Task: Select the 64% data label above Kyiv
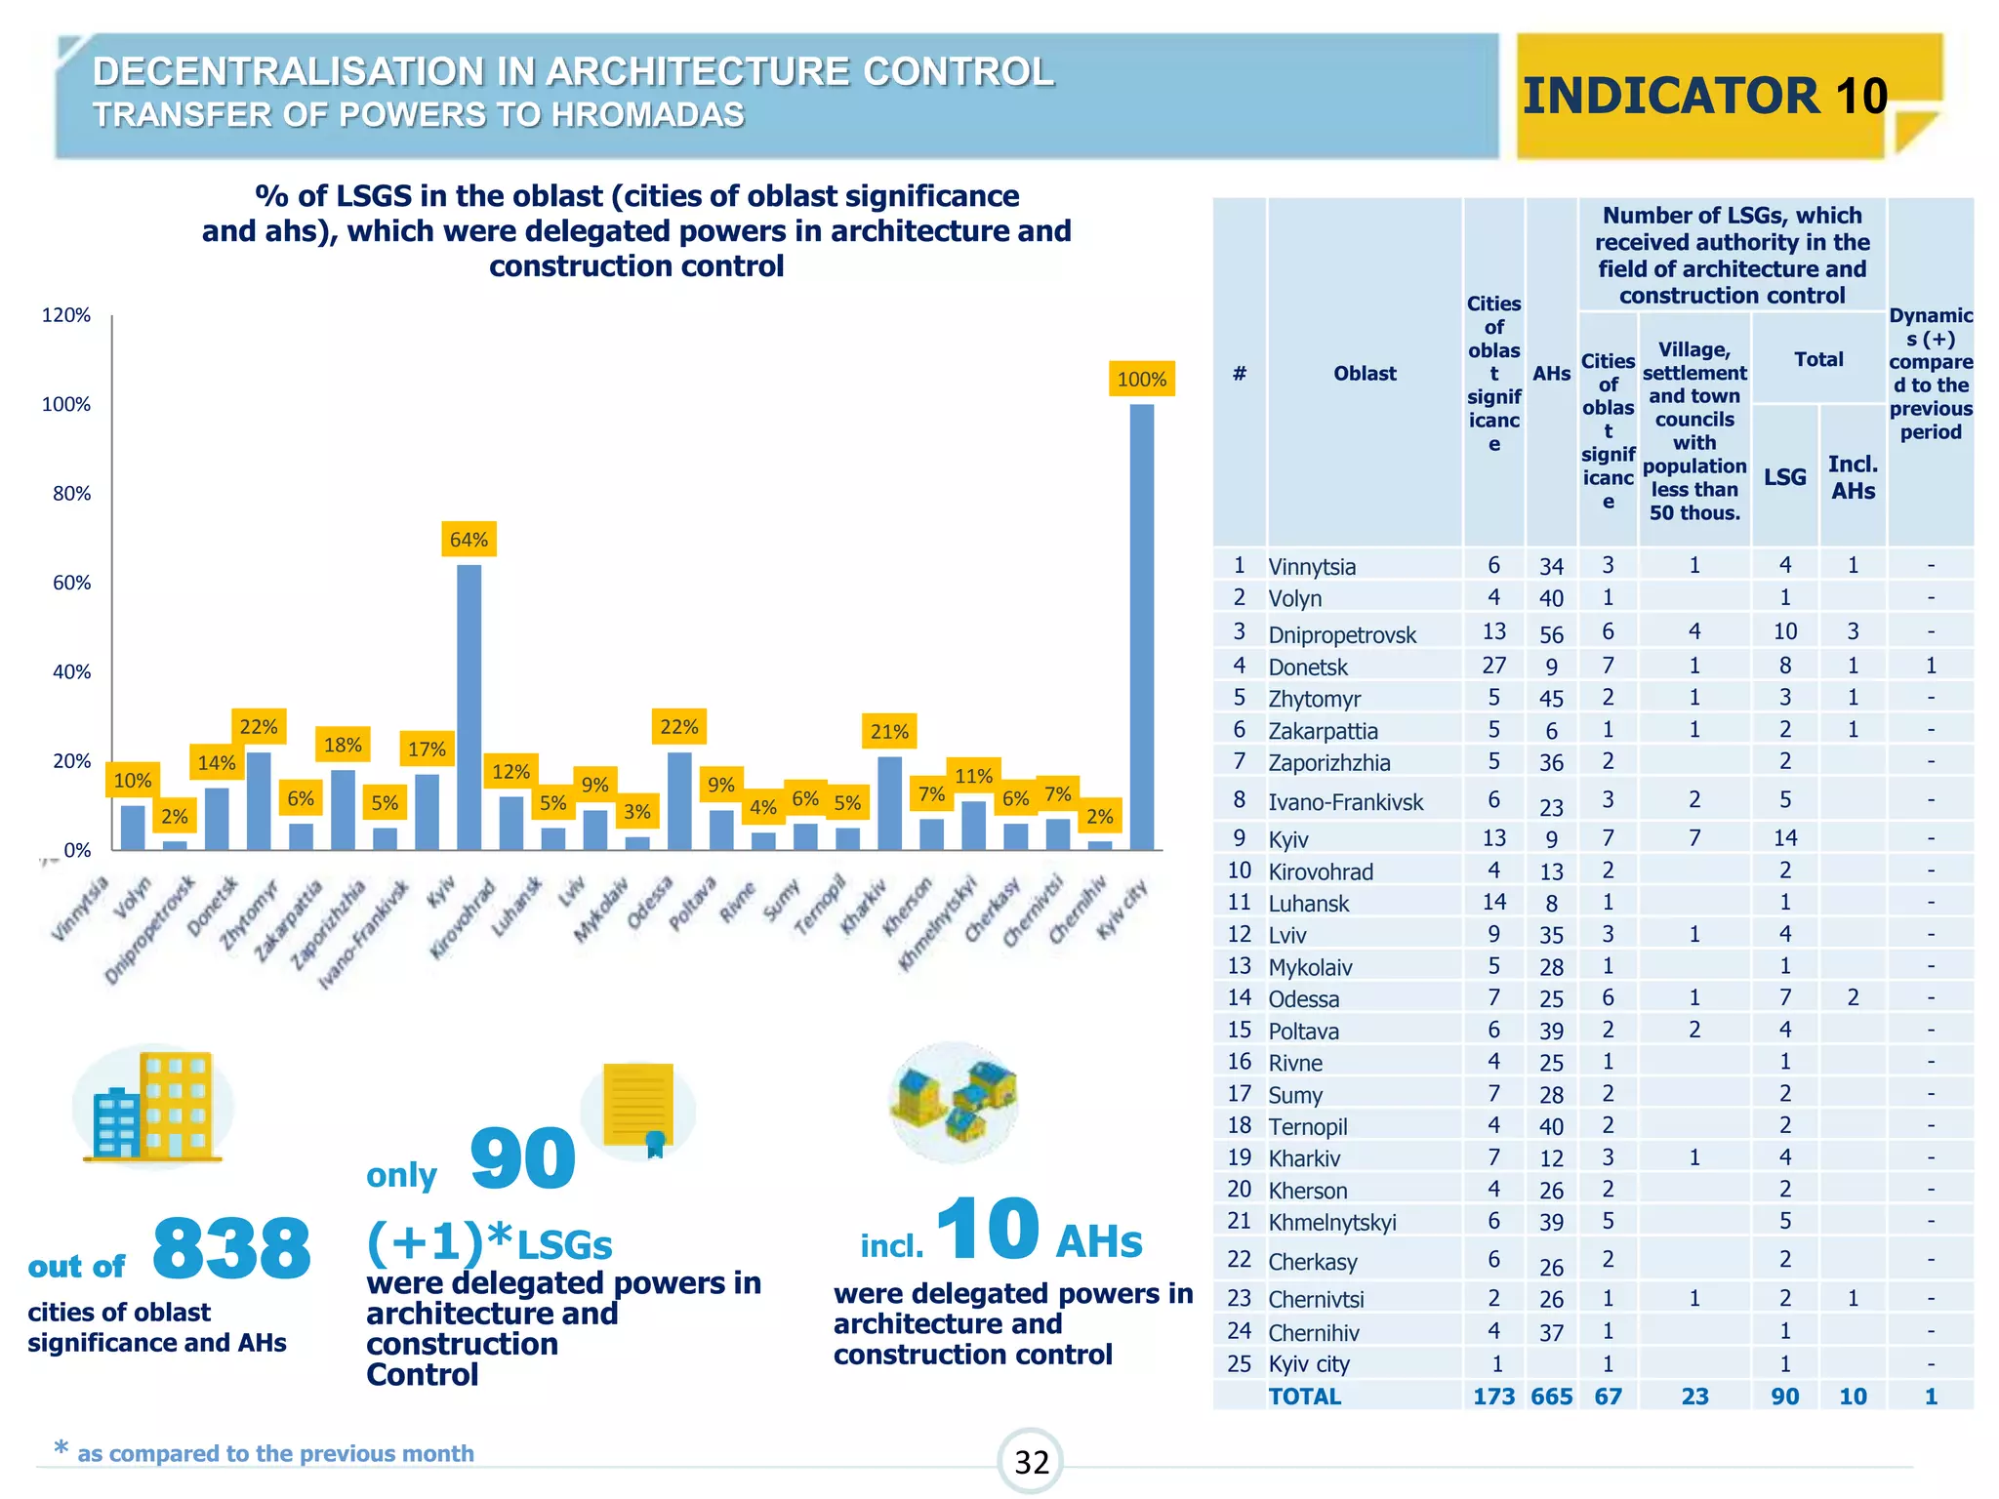[x=469, y=540]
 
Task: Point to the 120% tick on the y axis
[x=66, y=315]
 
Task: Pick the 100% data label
[x=1141, y=379]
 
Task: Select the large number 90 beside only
[x=522, y=1158]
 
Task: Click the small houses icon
[x=954, y=1101]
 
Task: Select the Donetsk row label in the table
[x=1308, y=668]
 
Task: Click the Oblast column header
[x=1365, y=373]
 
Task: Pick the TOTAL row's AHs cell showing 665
[x=1551, y=1397]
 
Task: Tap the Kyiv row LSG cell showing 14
[x=1784, y=837]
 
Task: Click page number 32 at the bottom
[x=1031, y=1462]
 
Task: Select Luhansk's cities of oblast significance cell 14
[x=1493, y=902]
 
